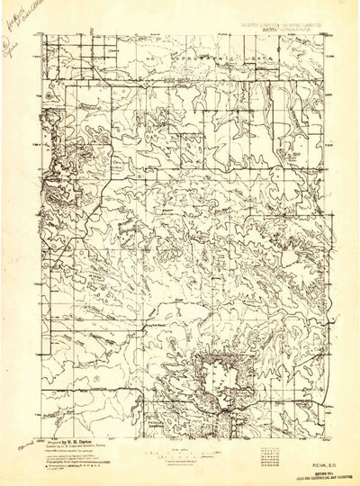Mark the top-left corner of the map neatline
tap(43, 32)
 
